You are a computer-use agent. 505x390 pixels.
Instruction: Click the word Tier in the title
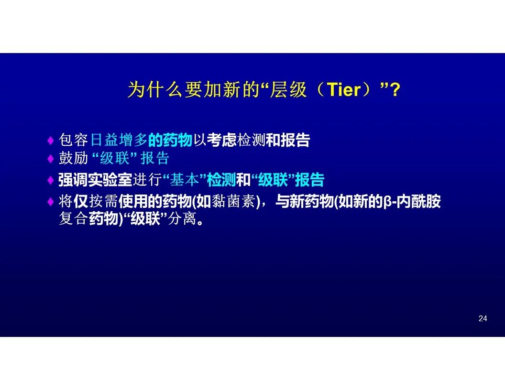(344, 89)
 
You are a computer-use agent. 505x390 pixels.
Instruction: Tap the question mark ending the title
(395, 90)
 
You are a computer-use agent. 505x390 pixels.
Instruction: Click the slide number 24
(483, 318)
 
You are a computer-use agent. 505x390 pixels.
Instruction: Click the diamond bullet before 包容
(50, 141)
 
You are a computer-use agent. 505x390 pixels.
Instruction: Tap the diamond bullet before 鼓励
(50, 158)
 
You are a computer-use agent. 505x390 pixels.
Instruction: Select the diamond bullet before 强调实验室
(50, 180)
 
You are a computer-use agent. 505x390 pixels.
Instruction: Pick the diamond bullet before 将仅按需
(50, 202)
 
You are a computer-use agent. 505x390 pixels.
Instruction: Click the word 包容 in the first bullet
(73, 140)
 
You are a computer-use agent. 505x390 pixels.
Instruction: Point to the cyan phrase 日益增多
(119, 140)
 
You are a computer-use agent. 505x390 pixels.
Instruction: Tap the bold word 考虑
(221, 140)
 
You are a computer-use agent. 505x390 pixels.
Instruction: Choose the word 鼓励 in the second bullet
(73, 158)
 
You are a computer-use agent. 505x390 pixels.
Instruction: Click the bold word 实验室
(110, 180)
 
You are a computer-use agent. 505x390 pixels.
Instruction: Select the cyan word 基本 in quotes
(184, 180)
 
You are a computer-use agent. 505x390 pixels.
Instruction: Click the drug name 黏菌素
(233, 201)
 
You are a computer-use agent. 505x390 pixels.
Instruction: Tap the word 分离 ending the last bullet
(182, 219)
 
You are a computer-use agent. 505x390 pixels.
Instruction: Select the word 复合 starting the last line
(73, 219)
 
